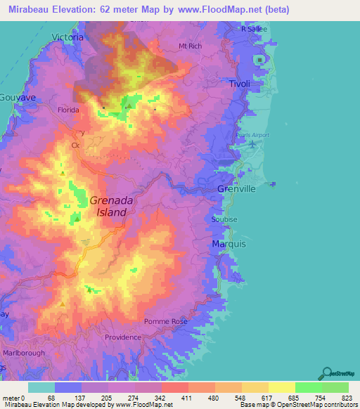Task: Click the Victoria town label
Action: tap(68, 37)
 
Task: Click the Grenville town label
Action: tap(237, 190)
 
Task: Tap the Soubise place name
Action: tap(224, 219)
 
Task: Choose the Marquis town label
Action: tap(229, 244)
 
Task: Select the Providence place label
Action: tap(122, 337)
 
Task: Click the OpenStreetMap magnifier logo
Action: tap(326, 373)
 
